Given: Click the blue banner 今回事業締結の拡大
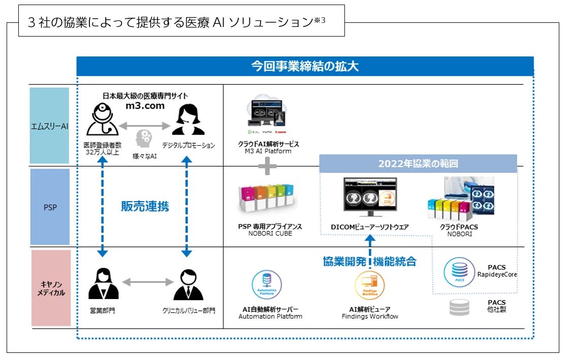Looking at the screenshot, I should click(x=305, y=66).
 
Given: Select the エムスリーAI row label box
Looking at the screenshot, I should click(x=49, y=125).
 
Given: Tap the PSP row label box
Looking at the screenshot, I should click(x=50, y=207).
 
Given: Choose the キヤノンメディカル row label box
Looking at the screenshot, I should click(x=50, y=288).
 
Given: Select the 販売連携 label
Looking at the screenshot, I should click(x=145, y=206).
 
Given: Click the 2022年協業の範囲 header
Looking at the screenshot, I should click(x=418, y=164).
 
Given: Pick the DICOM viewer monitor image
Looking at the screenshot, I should click(x=370, y=198).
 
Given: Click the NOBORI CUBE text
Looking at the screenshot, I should click(x=270, y=234).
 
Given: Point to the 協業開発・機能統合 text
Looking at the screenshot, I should click(x=369, y=261).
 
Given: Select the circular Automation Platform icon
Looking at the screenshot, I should click(x=267, y=285).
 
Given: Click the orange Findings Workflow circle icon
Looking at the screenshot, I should click(x=369, y=285).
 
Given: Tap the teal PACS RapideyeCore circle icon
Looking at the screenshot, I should click(x=459, y=273).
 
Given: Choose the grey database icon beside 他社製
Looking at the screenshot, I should click(x=459, y=308).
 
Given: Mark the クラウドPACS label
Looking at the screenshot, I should click(x=459, y=227).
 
